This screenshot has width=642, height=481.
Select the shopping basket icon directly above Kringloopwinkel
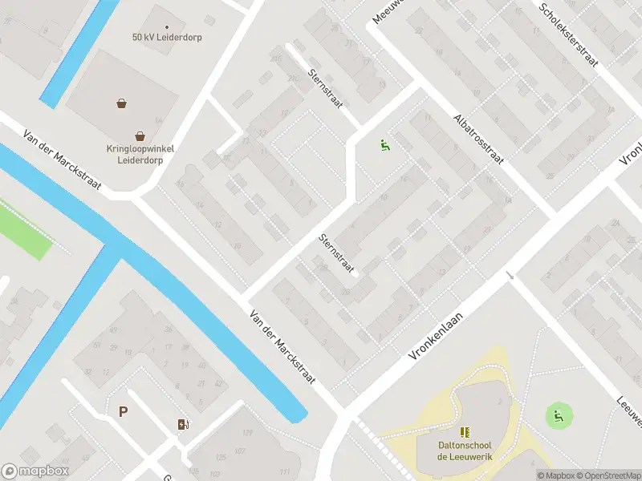(140, 135)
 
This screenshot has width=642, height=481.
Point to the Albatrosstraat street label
(477, 138)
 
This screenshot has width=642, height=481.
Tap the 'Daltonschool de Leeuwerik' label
(465, 451)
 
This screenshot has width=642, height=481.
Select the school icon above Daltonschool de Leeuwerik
(465, 432)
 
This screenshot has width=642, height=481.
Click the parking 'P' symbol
(123, 412)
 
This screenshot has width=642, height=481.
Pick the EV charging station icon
(183, 424)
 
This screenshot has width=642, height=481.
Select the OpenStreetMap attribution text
(608, 475)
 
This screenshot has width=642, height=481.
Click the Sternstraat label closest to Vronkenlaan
(337, 253)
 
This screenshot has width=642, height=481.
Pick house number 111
(285, 471)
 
